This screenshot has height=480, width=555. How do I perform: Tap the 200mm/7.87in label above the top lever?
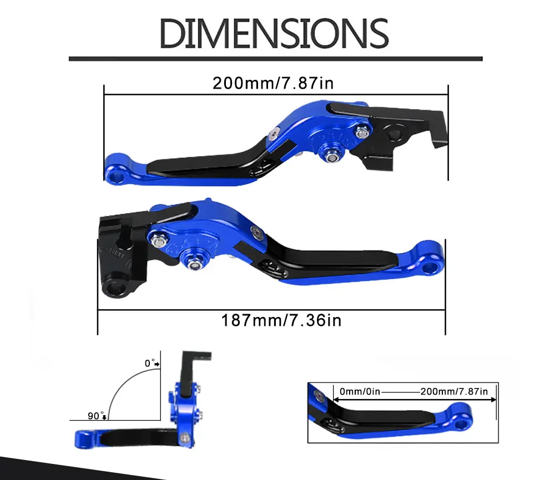(273, 83)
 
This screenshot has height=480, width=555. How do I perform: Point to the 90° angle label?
(95, 416)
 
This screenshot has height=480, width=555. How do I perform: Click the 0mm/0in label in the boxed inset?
(360, 391)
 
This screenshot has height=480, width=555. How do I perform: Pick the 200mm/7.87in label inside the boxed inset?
(454, 391)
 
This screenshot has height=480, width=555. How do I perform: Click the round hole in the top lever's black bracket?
(396, 133)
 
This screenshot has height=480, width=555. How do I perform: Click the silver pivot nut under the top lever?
(332, 157)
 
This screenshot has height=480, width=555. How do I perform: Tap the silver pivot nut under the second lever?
(196, 265)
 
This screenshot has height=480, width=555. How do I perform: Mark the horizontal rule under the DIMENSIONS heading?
(275, 58)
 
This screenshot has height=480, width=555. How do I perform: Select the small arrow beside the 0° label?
(158, 364)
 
